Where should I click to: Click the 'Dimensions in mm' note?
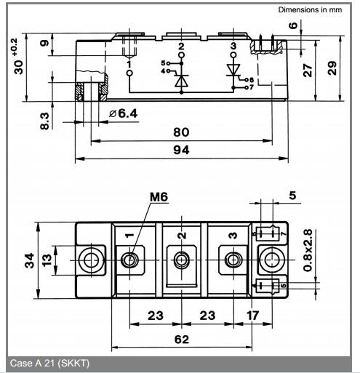point(310,9)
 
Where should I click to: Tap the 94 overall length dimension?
point(181,150)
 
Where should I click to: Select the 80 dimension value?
point(181,132)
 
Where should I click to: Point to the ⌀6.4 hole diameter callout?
point(124,113)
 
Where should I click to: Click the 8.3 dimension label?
point(45,121)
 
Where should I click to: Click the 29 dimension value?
point(332,68)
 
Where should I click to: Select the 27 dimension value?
point(308,71)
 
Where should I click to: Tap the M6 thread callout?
point(159,197)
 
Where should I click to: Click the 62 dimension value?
point(182,340)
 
